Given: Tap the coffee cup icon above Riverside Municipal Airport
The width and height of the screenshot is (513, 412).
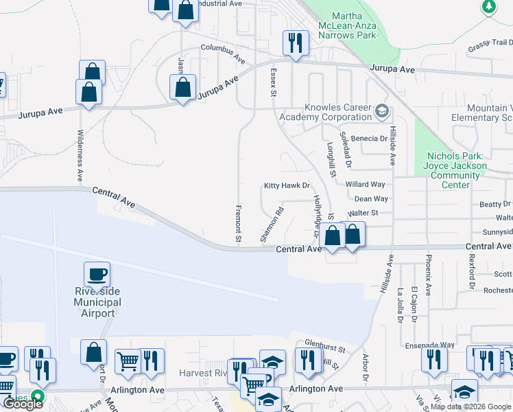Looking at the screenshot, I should [x=97, y=275].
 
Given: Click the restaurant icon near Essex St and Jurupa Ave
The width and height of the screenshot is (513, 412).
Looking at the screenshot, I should [x=296, y=44].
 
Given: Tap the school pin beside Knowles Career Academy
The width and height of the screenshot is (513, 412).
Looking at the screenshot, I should [x=382, y=110].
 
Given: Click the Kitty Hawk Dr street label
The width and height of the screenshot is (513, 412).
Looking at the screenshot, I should [x=287, y=186].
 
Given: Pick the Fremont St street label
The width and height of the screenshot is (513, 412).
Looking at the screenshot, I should [x=238, y=224].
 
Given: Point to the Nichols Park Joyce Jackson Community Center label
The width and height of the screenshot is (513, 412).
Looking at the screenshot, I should [x=456, y=170].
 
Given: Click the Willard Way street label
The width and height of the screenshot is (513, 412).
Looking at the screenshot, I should [x=365, y=185].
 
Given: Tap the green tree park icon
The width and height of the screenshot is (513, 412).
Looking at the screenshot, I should [x=488, y=7].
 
